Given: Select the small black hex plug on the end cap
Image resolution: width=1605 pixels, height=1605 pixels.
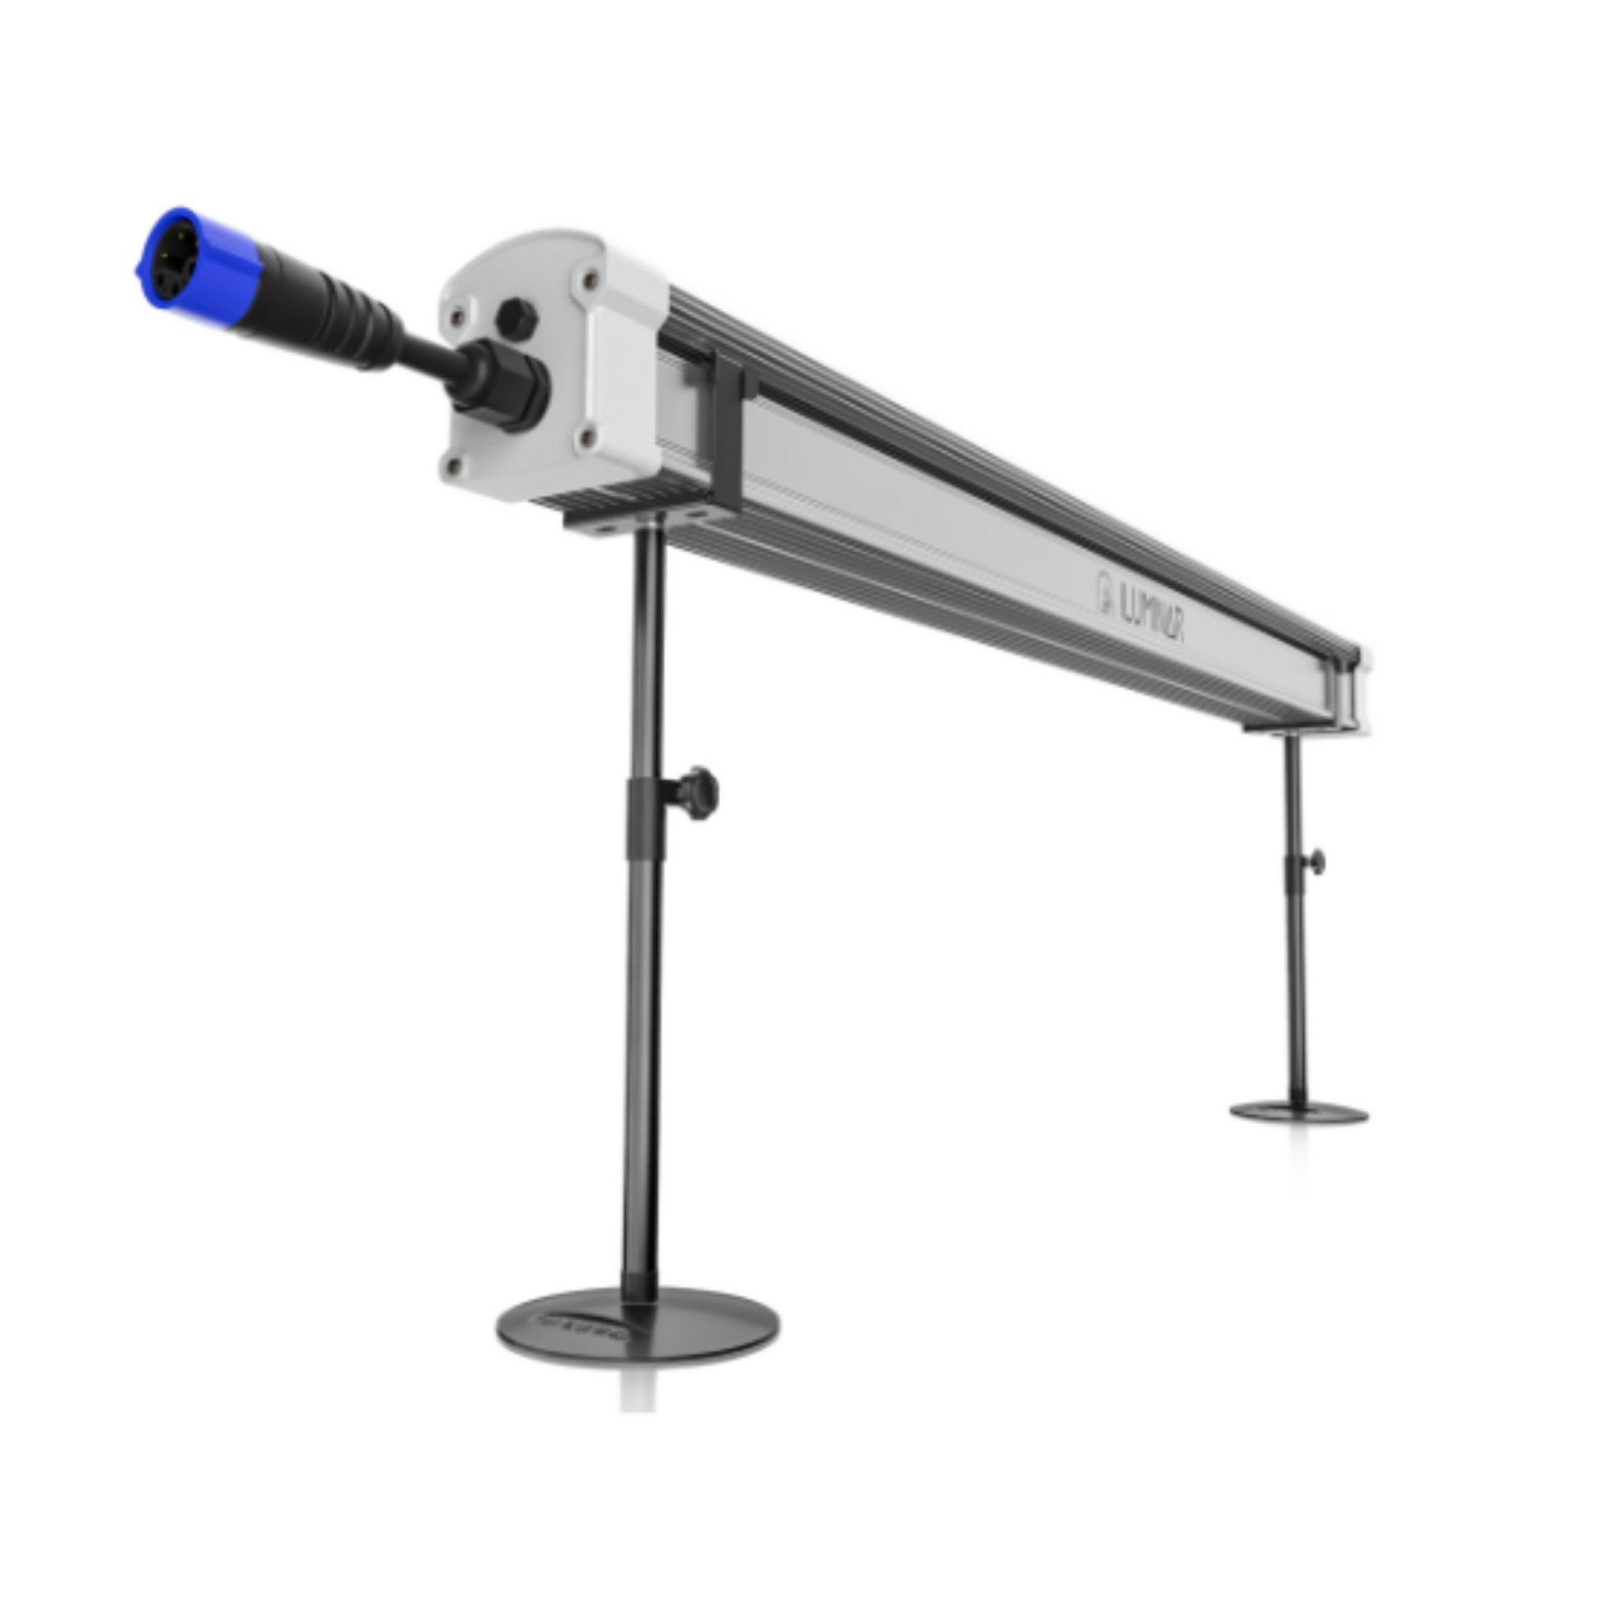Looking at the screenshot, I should (516, 317).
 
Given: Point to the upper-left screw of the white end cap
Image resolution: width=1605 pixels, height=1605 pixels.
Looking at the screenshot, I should (456, 316).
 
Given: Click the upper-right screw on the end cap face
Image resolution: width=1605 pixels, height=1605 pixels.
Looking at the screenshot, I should (590, 280).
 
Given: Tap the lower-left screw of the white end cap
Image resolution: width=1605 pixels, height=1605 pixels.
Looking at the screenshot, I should (453, 466).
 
